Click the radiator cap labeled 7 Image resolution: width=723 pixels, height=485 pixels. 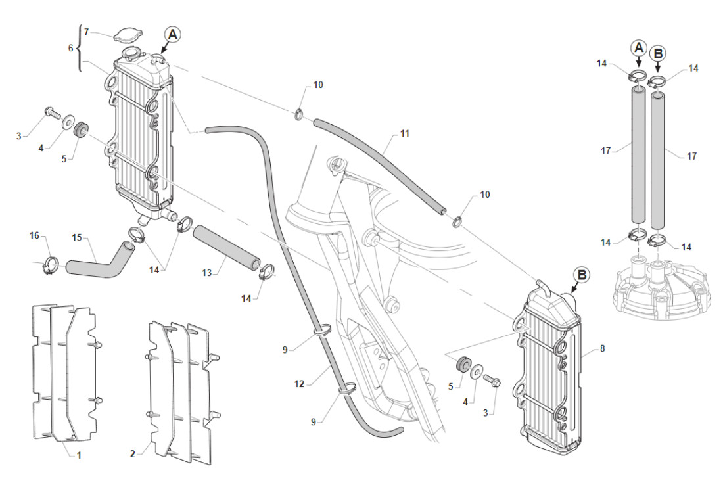point(125,36)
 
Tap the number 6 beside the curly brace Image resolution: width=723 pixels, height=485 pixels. point(71,48)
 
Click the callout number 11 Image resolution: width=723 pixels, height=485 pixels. point(404,133)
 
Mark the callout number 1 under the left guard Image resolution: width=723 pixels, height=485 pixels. point(79,455)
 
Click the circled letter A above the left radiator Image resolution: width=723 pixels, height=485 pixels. point(172,35)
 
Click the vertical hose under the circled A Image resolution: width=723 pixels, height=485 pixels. point(638,158)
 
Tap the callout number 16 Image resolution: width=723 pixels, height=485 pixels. point(35,235)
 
